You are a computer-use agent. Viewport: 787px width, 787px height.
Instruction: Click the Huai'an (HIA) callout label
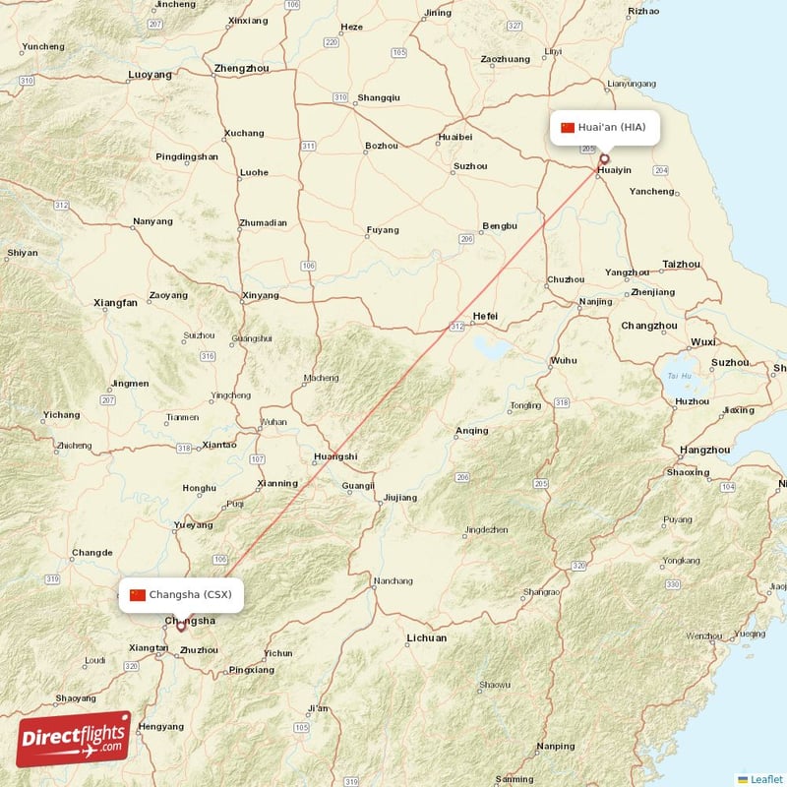pyautogui.click(x=604, y=127)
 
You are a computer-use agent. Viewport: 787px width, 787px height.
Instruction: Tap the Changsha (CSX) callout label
pyautogui.click(x=181, y=594)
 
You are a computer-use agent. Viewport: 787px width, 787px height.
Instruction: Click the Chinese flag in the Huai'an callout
pyautogui.click(x=568, y=127)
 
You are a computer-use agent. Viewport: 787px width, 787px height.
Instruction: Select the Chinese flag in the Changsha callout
pyautogui.click(x=138, y=594)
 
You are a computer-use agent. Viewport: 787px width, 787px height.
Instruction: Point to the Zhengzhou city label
pyautogui.click(x=241, y=69)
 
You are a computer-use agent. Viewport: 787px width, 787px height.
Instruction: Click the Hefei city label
pyautogui.click(x=485, y=316)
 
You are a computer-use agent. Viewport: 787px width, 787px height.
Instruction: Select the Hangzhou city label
pyautogui.click(x=704, y=450)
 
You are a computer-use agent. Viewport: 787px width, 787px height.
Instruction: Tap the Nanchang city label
pyautogui.click(x=393, y=581)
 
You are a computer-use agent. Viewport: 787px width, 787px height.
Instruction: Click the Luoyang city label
pyautogui.click(x=150, y=74)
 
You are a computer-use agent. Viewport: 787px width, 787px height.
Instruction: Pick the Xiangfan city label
pyautogui.click(x=115, y=303)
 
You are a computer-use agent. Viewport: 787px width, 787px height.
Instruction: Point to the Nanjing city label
pyautogui.click(x=595, y=301)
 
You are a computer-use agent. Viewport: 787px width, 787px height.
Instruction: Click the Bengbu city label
pyautogui.click(x=500, y=225)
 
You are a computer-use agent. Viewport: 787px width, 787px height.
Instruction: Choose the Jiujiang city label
pyautogui.click(x=399, y=497)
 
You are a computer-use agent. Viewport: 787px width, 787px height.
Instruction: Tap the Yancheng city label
pyautogui.click(x=650, y=191)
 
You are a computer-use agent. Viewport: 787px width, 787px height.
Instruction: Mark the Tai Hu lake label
pyautogui.click(x=679, y=375)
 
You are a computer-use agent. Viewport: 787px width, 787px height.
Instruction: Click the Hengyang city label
pyautogui.click(x=160, y=726)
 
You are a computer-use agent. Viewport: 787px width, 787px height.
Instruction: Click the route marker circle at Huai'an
pyautogui.click(x=604, y=158)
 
